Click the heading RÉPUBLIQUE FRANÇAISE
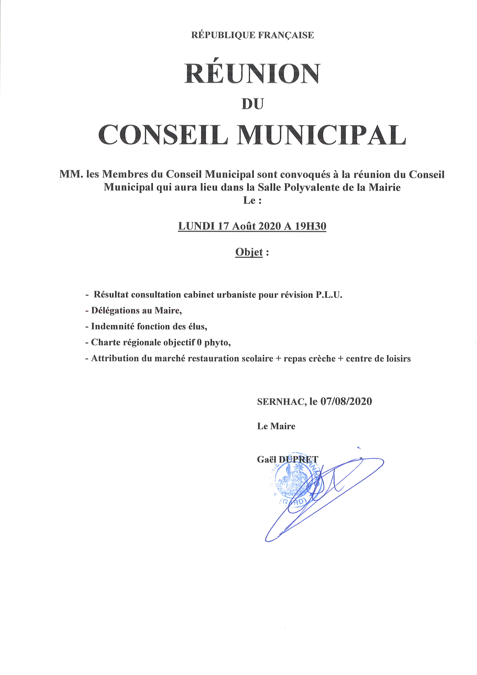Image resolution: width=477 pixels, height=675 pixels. [x=252, y=35]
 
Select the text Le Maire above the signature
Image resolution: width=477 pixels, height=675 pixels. [x=276, y=426]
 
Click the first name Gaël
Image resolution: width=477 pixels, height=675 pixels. [x=266, y=459]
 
